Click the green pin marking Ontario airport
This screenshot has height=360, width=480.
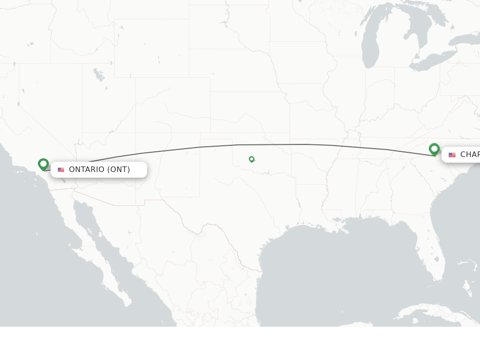43,164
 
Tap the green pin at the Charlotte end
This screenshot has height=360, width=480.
434,149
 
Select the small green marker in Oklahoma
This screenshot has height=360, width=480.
252,159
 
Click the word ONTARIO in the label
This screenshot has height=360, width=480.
87,169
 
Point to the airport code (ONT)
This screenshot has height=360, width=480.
119,169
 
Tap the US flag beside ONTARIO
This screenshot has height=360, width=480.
61,170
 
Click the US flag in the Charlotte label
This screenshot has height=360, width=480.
452,155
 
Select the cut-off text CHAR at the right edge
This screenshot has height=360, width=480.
470,155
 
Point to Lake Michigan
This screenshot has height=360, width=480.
370,47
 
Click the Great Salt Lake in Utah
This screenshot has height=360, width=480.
99,74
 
